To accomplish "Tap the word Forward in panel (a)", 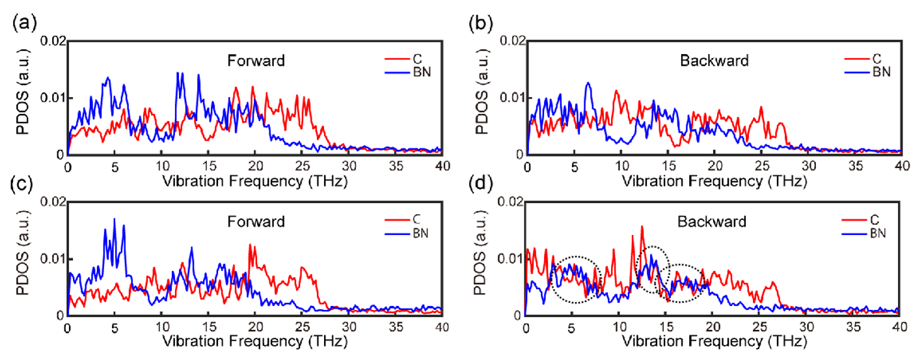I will (256, 61).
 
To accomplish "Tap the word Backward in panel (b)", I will (714, 61).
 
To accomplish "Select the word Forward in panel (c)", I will (256, 221).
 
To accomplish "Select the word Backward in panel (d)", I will (714, 221).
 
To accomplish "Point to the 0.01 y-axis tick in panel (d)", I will (510, 259).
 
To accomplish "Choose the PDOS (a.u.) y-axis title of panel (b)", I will (482, 98).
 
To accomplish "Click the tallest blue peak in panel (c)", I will (115, 219).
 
